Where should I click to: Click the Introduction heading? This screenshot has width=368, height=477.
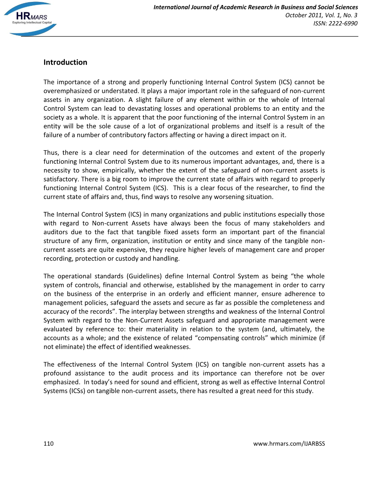pyautogui.click(x=65, y=62)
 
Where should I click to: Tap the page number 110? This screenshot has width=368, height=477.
pyautogui.click(x=48, y=444)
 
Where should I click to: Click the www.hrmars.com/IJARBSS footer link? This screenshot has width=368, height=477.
pyautogui.click(x=289, y=444)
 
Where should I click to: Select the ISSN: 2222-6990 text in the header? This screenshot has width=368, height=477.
pyautogui.click(x=335, y=24)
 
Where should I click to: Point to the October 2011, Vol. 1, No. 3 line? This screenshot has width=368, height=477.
pyautogui.click(x=321, y=15)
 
